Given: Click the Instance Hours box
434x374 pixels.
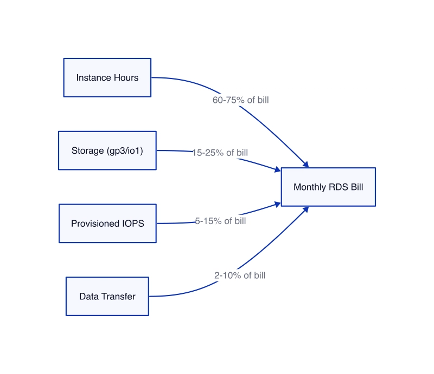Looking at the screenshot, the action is coord(107,77).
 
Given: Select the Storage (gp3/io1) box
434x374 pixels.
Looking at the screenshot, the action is coord(107,150).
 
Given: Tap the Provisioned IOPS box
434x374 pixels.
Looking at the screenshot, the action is coord(107,224).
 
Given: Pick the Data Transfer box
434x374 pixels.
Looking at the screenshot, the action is coord(107,297).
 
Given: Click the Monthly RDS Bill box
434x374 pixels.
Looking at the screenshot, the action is coord(328,187).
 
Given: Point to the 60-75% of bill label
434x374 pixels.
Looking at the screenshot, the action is coord(240,100).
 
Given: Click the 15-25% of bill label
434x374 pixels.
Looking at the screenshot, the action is coord(220,153).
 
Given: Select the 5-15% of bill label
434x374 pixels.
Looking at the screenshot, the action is coord(220,221).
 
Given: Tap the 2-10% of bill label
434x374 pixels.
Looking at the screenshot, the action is coord(240,275).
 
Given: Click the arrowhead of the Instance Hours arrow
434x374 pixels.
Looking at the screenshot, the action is coord(306,165).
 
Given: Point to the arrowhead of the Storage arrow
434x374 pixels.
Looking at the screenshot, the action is coord(278,169).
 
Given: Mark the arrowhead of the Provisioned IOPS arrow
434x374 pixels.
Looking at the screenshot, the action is coord(278,205).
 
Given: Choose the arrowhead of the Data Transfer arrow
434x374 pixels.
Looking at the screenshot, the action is coord(306,209).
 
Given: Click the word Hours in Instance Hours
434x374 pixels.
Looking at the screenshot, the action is coord(126,77).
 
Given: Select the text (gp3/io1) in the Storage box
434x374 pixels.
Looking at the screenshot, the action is coord(125,151).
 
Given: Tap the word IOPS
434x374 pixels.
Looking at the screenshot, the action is coord(133,224).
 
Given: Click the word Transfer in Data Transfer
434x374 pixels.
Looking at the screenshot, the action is coord(118,297).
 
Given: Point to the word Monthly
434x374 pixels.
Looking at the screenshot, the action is coord(310,188).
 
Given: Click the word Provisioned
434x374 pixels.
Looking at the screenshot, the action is coord(95,224).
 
